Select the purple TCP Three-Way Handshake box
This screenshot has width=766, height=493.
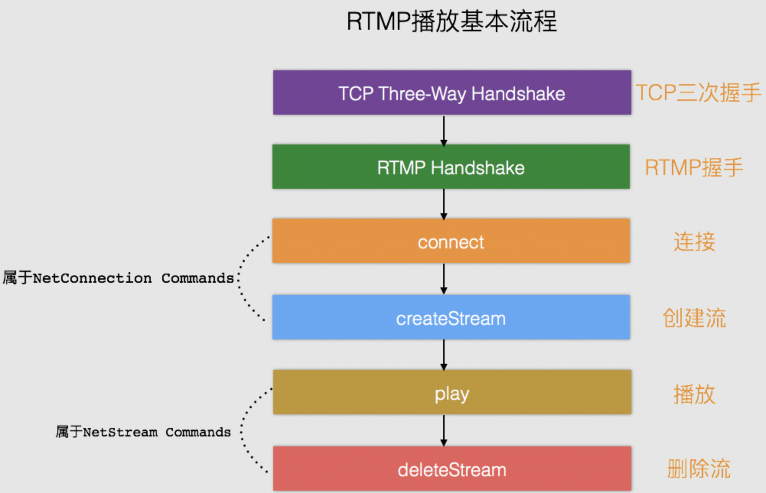(452, 92)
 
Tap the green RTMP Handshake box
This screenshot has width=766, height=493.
(451, 167)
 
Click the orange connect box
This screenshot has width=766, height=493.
(451, 241)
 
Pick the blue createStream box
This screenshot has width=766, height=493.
(451, 317)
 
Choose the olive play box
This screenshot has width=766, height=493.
(452, 392)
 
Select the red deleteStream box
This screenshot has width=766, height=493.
(452, 469)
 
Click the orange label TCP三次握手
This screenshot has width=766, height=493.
(698, 92)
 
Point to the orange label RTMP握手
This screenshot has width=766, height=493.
(694, 167)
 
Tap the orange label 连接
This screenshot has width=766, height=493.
(694, 242)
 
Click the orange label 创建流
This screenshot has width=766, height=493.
(694, 318)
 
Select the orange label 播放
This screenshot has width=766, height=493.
(694, 394)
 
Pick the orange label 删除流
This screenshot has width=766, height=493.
(699, 469)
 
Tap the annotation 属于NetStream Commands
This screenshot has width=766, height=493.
(143, 432)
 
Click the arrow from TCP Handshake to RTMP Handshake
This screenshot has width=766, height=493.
(444, 130)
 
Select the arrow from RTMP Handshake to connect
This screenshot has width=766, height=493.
(444, 204)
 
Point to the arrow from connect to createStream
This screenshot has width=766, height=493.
(444, 279)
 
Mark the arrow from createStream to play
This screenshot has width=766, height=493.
(444, 354)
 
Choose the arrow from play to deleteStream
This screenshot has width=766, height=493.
(444, 430)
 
